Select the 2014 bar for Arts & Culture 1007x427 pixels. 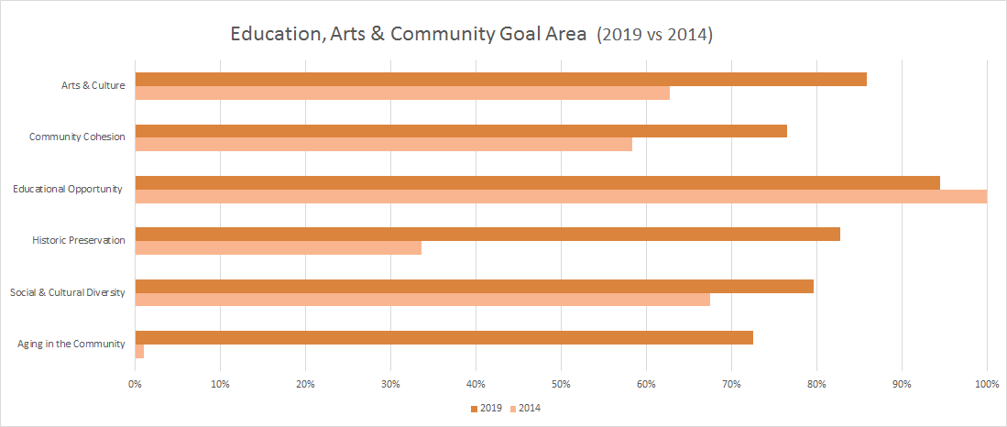(x=402, y=93)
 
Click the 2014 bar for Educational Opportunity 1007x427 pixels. (x=561, y=196)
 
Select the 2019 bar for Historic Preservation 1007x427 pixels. (x=487, y=235)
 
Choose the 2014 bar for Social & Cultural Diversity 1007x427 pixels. (x=422, y=300)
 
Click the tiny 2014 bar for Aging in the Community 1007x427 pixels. (x=139, y=351)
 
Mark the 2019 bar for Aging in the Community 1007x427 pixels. (x=443, y=338)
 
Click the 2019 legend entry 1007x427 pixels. (x=485, y=408)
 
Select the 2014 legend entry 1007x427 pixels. (x=525, y=408)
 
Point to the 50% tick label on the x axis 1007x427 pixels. (x=561, y=383)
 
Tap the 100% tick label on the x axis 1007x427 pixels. (x=986, y=383)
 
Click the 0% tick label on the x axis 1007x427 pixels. (x=135, y=383)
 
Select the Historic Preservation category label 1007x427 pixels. (x=78, y=241)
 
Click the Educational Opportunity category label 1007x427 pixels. (x=68, y=190)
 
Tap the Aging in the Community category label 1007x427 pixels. (x=71, y=345)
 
